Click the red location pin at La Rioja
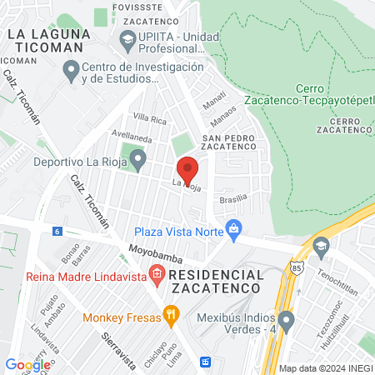[187, 170]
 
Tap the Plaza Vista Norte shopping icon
[235, 227]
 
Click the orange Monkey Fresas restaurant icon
[171, 314]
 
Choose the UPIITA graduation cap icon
[127, 38]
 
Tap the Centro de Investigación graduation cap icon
[71, 73]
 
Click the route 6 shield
[57, 231]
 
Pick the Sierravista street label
[117, 348]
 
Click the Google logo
[27, 364]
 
